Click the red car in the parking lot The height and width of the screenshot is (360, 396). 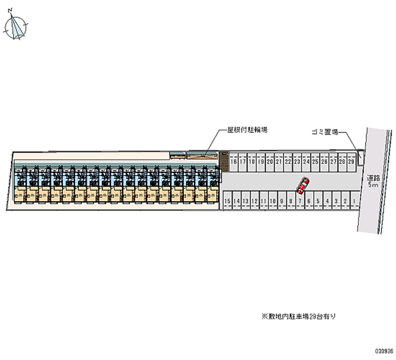[302, 186]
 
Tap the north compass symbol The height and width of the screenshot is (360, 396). [17, 26]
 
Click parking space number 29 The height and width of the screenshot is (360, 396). [351, 161]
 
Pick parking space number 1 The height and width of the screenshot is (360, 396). [354, 202]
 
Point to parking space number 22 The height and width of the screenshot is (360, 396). [288, 161]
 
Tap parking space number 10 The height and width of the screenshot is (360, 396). [273, 202]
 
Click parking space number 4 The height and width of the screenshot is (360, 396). [327, 202]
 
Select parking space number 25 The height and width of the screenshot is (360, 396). [315, 161]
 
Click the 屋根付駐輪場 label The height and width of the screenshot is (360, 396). [247, 130]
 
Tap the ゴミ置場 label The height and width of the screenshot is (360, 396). [324, 132]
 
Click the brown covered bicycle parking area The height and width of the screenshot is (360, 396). [202, 156]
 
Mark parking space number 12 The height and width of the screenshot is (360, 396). [254, 202]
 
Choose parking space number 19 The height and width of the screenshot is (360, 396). [260, 161]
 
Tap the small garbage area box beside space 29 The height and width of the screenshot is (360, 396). [360, 157]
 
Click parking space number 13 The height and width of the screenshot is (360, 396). [246, 202]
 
